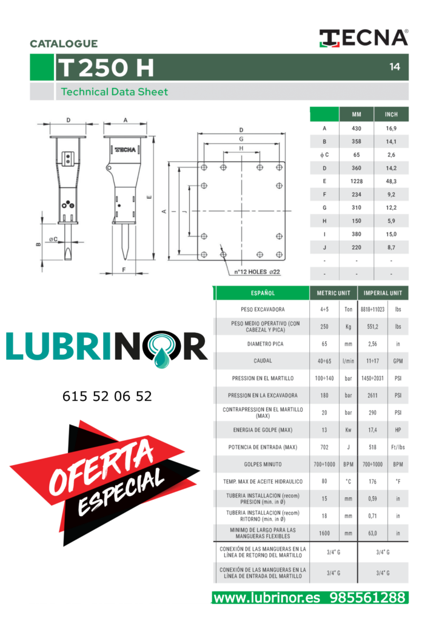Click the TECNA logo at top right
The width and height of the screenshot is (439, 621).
click(x=364, y=38)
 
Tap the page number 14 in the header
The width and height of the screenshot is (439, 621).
click(x=394, y=67)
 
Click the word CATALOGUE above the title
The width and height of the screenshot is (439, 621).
click(x=64, y=44)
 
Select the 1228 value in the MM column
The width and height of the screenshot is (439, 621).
click(x=357, y=181)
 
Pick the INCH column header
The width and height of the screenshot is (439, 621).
click(x=391, y=115)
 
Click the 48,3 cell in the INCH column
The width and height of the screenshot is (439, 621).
click(x=391, y=181)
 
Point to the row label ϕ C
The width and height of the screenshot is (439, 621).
click(x=324, y=155)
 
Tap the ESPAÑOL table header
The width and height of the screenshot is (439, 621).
click(x=263, y=293)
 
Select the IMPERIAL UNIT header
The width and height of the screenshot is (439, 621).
click(x=383, y=293)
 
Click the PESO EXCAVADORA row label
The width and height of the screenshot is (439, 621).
click(x=263, y=309)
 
